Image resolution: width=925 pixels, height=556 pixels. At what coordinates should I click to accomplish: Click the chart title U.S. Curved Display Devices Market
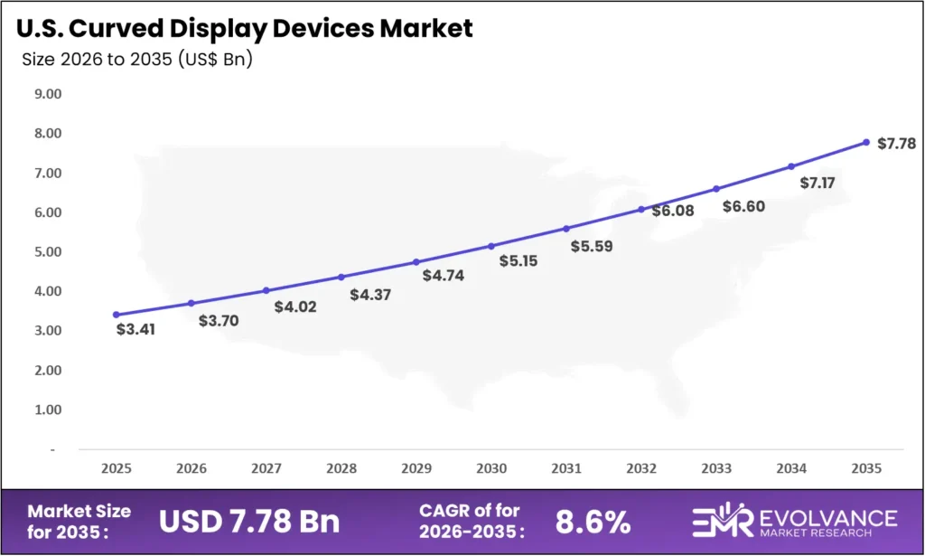244,28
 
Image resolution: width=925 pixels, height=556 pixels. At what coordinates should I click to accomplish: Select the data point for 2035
866,142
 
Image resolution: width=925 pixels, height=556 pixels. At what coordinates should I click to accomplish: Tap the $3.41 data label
136,329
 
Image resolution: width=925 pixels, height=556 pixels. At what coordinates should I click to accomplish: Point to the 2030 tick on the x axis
491,469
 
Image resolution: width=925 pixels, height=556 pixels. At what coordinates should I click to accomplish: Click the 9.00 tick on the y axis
47,93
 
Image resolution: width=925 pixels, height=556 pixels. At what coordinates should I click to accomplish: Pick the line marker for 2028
341,277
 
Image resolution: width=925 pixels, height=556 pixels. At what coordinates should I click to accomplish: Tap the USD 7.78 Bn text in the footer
250,521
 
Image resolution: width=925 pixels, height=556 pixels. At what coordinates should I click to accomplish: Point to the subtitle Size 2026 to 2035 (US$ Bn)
136,61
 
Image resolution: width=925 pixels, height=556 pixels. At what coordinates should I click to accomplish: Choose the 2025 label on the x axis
117,469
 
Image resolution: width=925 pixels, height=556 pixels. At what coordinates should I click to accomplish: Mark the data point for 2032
641,209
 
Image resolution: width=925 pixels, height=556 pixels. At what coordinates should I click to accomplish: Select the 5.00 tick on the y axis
47,251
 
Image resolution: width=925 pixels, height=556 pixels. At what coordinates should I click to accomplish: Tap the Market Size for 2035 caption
79,521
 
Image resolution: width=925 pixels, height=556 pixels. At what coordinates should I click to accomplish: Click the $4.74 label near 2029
443,275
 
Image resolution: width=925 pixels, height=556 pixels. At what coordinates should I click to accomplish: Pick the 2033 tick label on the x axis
716,469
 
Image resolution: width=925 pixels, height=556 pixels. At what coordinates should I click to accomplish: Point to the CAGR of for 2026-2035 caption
470,521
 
